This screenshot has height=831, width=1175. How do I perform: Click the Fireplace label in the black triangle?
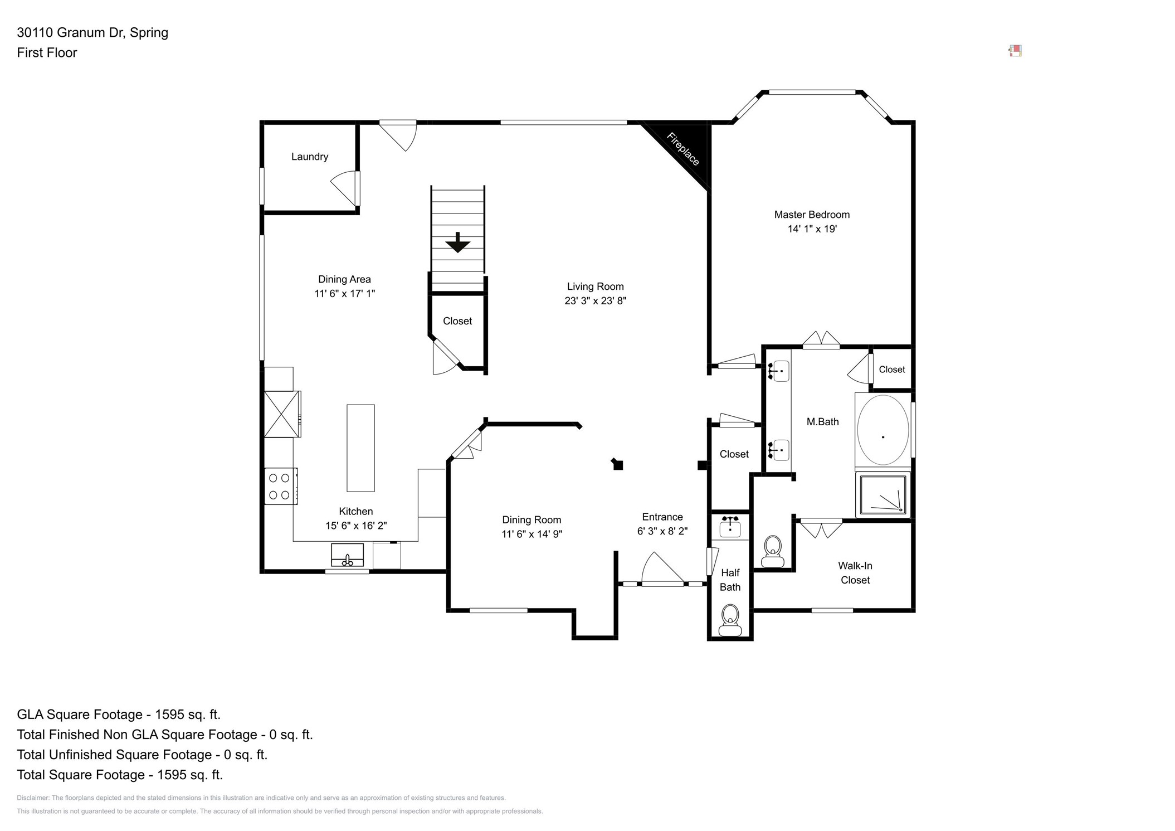tap(683, 149)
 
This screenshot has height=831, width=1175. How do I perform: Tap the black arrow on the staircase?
tap(457, 243)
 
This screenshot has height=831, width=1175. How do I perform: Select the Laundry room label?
tap(309, 157)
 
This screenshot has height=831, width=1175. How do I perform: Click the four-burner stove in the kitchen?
tap(280, 486)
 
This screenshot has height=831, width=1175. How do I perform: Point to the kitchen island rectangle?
tap(360, 448)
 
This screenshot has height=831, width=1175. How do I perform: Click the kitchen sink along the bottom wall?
tap(347, 555)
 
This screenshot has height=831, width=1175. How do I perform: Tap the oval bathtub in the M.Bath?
tap(883, 430)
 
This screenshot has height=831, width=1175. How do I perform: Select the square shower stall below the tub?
tap(883, 494)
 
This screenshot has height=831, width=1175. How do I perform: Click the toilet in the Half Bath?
tap(730, 620)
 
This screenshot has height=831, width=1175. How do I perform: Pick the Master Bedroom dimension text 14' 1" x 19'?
tap(812, 229)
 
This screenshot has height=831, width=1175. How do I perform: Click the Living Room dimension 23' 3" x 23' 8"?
tap(595, 301)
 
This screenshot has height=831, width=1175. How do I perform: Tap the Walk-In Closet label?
tap(855, 573)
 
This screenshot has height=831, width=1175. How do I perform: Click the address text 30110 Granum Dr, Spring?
tap(92, 32)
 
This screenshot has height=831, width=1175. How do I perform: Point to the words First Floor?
tap(47, 53)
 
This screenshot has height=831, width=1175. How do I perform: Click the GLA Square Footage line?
tap(119, 715)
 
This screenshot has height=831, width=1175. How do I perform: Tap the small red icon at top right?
tap(1015, 51)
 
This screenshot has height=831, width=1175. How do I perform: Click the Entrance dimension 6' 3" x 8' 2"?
tap(662, 532)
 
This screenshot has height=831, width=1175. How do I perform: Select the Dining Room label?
tap(531, 520)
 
